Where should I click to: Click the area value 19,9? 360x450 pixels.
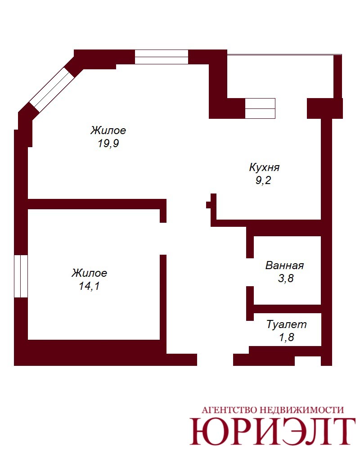click(108, 143)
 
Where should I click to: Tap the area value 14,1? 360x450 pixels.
click(89, 286)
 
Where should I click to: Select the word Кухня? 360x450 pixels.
click(264, 167)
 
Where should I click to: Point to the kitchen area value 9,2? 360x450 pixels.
click(263, 180)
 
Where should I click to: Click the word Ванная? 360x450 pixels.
click(284, 265)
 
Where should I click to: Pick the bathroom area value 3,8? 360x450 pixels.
click(286, 279)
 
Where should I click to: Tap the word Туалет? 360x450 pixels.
click(287, 324)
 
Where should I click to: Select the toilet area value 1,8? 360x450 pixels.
click(287, 337)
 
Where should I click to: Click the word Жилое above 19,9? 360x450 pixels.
click(108, 130)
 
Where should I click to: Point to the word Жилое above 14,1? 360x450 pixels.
click(89, 273)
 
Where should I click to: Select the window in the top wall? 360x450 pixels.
click(162, 57)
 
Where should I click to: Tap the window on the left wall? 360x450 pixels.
click(21, 276)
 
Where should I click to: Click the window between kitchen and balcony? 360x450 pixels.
click(260, 108)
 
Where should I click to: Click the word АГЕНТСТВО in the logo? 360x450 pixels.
click(229, 410)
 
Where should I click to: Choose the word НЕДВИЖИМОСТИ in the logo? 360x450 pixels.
click(301, 410)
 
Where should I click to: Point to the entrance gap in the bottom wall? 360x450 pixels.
click(215, 360)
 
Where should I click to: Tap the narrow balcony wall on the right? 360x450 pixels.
click(337, 76)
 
